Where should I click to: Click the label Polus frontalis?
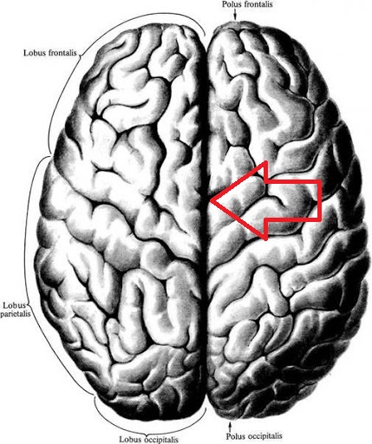pyautogui.click(x=247, y=4)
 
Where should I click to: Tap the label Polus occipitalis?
pyautogui.click(x=254, y=436)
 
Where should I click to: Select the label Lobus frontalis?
pyautogui.click(x=50, y=53)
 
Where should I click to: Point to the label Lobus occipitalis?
pyautogui.click(x=149, y=439)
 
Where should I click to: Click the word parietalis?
pyautogui.click(x=15, y=314)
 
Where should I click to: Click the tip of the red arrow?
pyautogui.click(x=211, y=200)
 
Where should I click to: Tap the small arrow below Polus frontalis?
pyautogui.click(x=235, y=14)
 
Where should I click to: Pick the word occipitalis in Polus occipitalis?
pyautogui.click(x=264, y=436)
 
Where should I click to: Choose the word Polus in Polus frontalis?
pyautogui.click(x=232, y=4)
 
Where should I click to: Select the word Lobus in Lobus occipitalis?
pyautogui.click(x=130, y=439)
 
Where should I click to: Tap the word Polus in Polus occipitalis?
pyautogui.click(x=235, y=436)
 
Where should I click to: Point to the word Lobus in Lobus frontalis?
pyautogui.click(x=33, y=53)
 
